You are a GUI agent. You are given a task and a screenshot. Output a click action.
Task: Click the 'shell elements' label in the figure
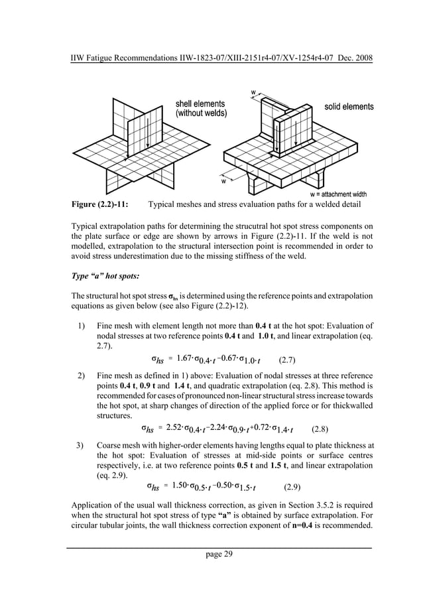pyautogui.click(x=200, y=104)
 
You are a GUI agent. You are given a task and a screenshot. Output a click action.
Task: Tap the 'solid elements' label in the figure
pyautogui.click(x=349, y=107)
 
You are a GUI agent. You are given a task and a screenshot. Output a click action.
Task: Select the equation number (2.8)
pyautogui.click(x=322, y=428)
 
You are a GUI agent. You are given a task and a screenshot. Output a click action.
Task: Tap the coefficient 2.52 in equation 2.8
pyautogui.click(x=176, y=427)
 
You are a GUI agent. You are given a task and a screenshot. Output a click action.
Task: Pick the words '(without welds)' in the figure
pyautogui.click(x=200, y=114)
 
